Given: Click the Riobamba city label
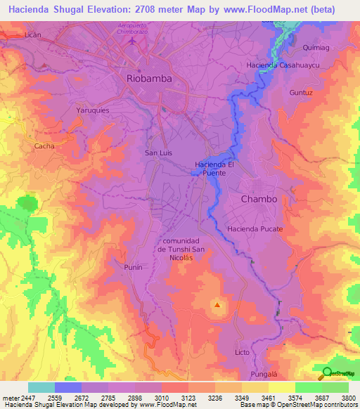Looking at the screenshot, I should pos(148,79).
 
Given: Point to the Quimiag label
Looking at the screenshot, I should pos(311,48).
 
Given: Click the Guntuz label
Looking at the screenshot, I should pos(300,92).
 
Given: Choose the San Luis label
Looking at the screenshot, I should pos(158,152).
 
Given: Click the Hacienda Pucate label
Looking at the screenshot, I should pos(255,229).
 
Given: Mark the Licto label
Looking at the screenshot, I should pos(242,351).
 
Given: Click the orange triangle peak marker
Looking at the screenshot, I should pos(217,305).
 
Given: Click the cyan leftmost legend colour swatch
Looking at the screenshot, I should pos(41,387).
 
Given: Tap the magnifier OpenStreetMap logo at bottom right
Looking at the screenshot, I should pos(327,373).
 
